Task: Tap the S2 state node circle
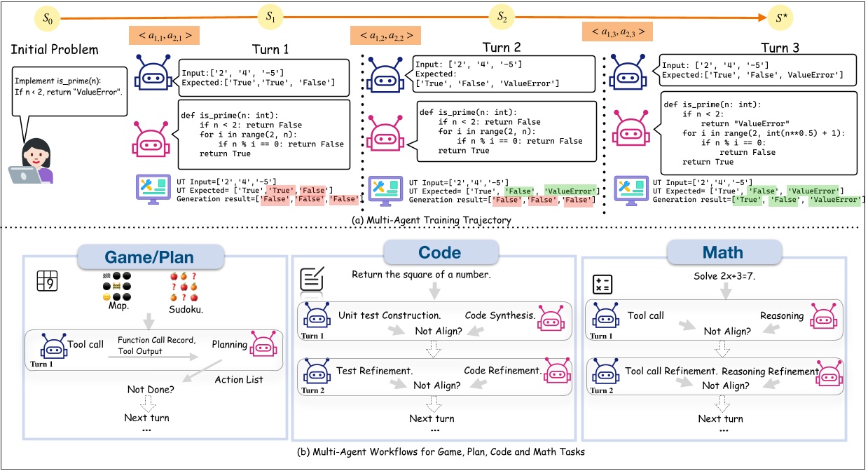tap(502, 17)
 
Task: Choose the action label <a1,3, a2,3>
tap(617, 32)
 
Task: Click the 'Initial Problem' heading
tap(55, 50)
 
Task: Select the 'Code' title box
tap(439, 252)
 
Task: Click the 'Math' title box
tap(724, 251)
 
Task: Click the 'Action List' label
tap(240, 379)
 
